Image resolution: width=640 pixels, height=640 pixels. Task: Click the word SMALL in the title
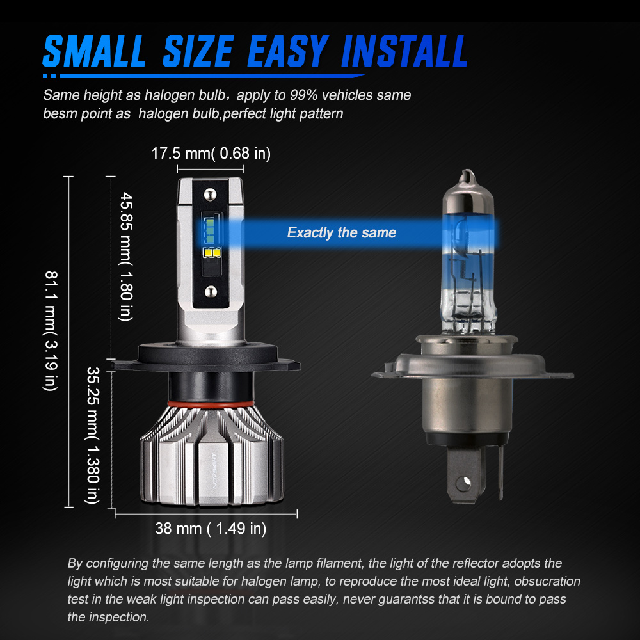click(94, 51)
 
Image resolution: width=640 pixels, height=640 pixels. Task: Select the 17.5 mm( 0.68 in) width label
click(211, 154)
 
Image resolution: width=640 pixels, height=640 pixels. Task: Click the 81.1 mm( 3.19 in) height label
click(51, 331)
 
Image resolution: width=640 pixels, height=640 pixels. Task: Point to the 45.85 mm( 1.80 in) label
click(125, 257)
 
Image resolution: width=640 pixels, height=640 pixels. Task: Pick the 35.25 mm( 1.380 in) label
click(93, 435)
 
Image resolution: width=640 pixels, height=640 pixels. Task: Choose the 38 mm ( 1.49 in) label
click(211, 529)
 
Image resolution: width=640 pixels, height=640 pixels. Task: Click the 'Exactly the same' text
click(342, 233)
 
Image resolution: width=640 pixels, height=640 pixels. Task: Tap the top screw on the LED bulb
click(210, 195)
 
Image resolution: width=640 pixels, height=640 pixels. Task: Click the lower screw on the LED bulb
click(211, 291)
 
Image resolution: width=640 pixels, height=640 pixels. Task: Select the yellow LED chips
click(212, 253)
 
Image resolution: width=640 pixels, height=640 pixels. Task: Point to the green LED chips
click(209, 231)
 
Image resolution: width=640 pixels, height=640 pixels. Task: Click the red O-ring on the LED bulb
click(211, 404)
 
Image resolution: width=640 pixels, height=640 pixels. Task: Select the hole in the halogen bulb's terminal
click(463, 484)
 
